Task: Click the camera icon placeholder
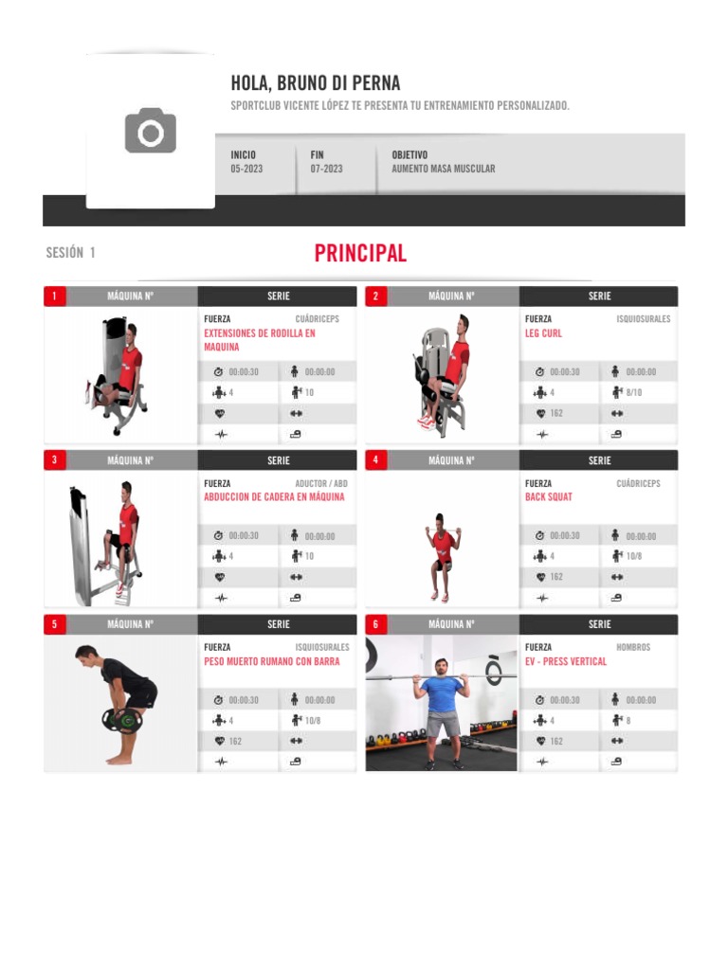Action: tap(151, 131)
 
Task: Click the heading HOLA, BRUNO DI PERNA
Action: tap(315, 84)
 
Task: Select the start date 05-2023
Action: tap(246, 169)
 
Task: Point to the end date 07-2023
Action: tap(326, 169)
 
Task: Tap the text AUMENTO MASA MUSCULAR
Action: tap(443, 169)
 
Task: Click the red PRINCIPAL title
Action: tap(360, 253)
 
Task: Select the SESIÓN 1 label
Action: tap(71, 253)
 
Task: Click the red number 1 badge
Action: tap(54, 296)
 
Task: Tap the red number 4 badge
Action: tap(375, 460)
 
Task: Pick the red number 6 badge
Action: tap(375, 624)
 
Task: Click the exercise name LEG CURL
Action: tap(543, 333)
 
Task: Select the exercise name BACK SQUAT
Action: tap(548, 497)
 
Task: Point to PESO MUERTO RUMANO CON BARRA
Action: tap(271, 661)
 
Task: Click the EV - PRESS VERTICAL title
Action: tap(565, 661)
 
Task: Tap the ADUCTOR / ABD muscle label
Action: tap(321, 484)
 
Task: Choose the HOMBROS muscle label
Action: tap(633, 648)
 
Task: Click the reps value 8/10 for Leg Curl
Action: tap(633, 392)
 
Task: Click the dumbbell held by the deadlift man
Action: tap(122, 720)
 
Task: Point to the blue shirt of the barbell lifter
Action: tap(441, 694)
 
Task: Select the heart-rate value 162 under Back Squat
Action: tap(556, 577)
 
